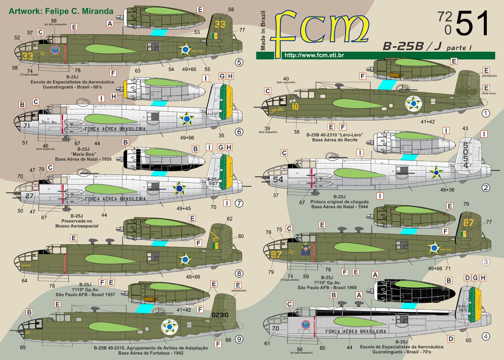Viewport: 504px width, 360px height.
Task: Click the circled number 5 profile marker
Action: (239, 63)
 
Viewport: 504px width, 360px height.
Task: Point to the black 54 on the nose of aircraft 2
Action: (278, 179)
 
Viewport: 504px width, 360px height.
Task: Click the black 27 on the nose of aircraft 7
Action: (29, 195)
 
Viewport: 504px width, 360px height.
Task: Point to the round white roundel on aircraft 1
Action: (413, 103)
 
